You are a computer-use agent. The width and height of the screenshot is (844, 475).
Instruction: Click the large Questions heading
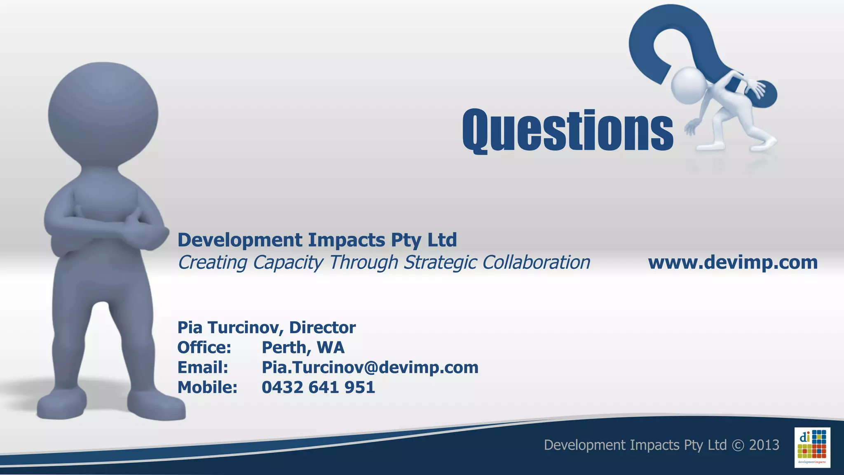click(x=567, y=131)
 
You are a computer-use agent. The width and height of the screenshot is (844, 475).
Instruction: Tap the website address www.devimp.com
click(x=733, y=262)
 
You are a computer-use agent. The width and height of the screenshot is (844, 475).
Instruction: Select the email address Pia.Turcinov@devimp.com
click(x=370, y=367)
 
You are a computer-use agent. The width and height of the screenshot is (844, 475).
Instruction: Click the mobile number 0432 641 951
click(x=318, y=387)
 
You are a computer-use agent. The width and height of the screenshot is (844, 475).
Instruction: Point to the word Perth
click(x=284, y=347)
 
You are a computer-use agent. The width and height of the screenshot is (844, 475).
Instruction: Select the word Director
click(x=322, y=327)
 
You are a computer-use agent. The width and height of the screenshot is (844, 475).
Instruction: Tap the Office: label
click(x=204, y=347)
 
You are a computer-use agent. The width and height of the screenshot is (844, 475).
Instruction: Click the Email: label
click(x=202, y=367)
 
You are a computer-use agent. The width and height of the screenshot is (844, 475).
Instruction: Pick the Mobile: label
click(x=207, y=387)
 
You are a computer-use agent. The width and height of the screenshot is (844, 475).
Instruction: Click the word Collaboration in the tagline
click(x=536, y=262)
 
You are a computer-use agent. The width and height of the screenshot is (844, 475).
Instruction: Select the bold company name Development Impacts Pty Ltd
click(x=317, y=240)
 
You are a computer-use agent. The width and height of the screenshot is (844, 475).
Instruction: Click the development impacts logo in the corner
click(x=812, y=447)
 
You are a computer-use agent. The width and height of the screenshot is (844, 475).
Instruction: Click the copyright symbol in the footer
click(x=738, y=445)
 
